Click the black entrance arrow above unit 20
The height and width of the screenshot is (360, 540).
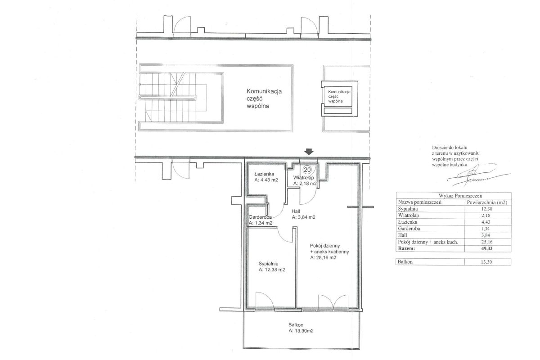tap(309, 152)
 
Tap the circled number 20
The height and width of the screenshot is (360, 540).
tap(307, 170)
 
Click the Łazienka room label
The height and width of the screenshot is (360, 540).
tap(264, 174)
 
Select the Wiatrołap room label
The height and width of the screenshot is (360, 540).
tap(303, 178)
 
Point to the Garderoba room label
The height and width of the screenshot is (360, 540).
tap(260, 217)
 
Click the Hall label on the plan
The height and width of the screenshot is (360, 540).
tap(296, 211)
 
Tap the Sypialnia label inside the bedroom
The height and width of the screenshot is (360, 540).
tap(269, 264)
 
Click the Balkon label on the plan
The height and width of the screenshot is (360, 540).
tap(296, 325)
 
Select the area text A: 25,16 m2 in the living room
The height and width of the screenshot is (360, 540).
tap(323, 257)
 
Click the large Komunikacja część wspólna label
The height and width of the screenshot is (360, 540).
tap(264, 99)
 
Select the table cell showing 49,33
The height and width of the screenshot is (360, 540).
tap(487, 248)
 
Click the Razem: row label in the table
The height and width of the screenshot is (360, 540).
tap(406, 248)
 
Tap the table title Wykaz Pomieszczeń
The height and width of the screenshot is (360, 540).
tap(453, 196)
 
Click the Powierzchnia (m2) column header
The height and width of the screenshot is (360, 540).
tap(487, 202)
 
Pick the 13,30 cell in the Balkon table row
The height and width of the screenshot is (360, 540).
tap(486, 262)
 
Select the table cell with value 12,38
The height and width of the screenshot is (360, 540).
tap(487, 209)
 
